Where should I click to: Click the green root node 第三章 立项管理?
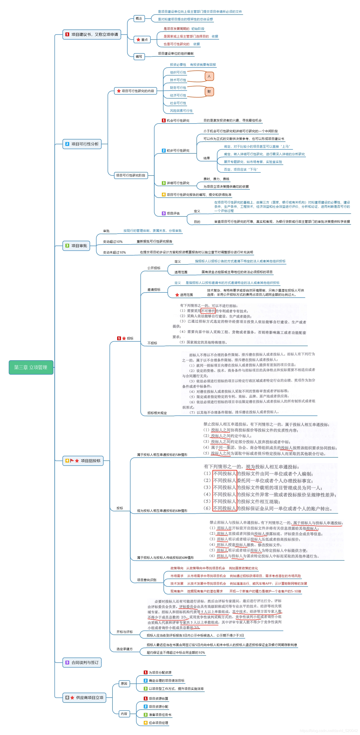point(31,367)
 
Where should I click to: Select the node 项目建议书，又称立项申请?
point(92,35)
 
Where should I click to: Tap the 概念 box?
point(139,19)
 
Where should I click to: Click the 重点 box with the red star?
point(142,40)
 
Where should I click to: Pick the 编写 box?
point(139,56)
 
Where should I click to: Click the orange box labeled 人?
point(209,76)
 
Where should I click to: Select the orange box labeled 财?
point(209,92)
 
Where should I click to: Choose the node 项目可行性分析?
point(82,144)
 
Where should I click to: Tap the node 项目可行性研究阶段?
point(131,175)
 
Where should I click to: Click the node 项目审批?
point(76,246)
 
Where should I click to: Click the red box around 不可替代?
point(208,311)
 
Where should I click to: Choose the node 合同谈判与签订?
point(82,663)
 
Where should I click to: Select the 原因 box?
point(124,684)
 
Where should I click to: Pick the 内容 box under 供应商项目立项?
point(124,714)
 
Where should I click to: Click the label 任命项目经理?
point(158,723)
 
